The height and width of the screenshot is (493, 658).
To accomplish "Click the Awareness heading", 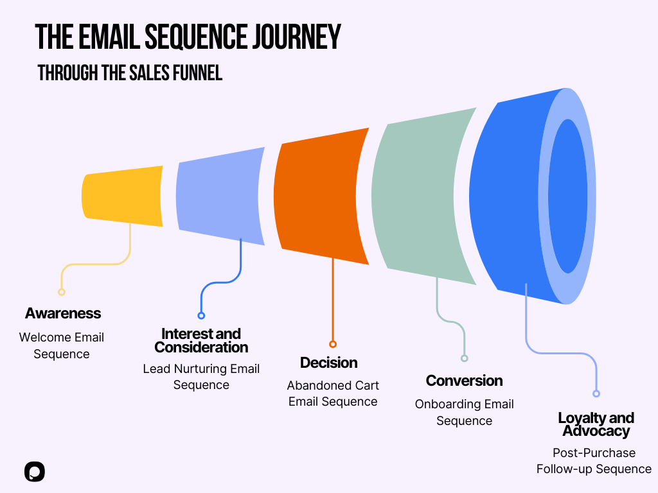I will pos(63,313).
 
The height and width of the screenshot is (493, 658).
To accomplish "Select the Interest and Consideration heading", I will pos(201,340).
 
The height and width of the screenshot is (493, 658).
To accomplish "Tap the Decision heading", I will pos(329,363).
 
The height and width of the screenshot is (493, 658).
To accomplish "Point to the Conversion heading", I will pos(464,381).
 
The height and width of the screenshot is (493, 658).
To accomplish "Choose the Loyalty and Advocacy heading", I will pos(596,424).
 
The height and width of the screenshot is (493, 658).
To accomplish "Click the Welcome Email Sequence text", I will pos(62,345).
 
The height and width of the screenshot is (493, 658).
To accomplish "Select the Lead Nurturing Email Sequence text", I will pos(201,377).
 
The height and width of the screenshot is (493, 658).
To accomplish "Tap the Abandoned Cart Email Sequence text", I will pos(333,394).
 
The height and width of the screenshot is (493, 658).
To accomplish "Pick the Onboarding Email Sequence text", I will pos(464,412).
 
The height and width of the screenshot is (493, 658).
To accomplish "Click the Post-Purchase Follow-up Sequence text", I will pos(594,461).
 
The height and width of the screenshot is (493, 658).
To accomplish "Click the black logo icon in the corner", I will pos(35,472).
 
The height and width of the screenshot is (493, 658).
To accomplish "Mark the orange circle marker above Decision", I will pos(333,344).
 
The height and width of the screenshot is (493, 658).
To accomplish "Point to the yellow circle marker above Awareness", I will pos(62,292).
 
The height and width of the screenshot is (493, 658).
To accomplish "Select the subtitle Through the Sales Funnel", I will pos(130,73).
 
